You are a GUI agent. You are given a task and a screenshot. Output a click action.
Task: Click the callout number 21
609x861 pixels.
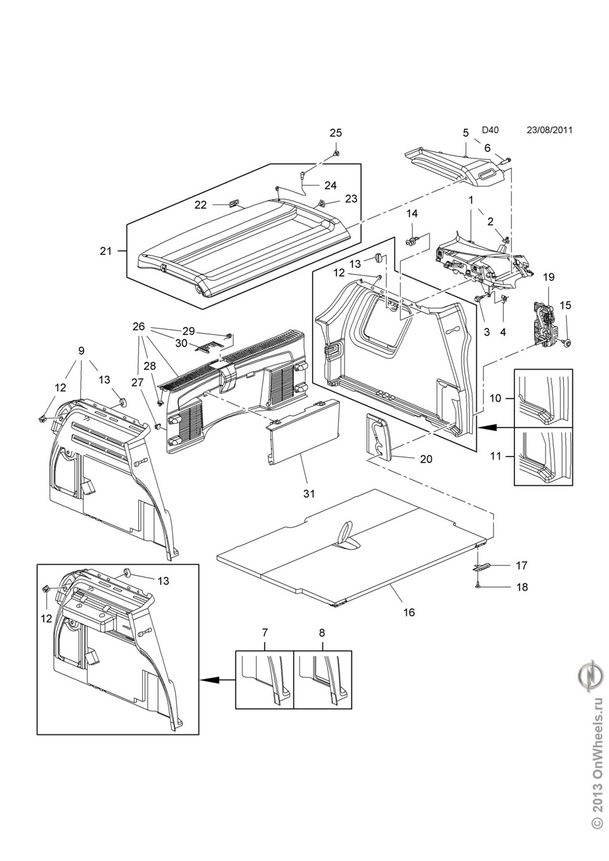tap(105, 251)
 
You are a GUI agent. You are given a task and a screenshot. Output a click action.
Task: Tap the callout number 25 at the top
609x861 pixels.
tap(335, 133)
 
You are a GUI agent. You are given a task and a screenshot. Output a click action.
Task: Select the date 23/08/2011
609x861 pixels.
tap(549, 130)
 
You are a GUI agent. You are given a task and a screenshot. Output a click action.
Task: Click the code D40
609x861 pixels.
tap(490, 130)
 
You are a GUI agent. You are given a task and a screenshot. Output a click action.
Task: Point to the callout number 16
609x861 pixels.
tap(409, 612)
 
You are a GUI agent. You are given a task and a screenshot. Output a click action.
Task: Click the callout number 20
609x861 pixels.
tap(426, 458)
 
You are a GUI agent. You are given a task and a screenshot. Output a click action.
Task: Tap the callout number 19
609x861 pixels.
tap(549, 277)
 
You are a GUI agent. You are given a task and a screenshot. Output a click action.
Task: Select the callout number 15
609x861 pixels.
tap(565, 305)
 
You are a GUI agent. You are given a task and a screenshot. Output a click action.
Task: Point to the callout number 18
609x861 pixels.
tap(521, 587)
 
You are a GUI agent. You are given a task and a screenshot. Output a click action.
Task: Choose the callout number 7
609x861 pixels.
tap(265, 632)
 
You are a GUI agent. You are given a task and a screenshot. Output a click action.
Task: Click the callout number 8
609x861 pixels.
tap(322, 632)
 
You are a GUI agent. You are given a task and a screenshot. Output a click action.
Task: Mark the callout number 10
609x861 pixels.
tap(495, 398)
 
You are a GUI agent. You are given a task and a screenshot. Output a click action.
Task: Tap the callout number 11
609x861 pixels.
tap(495, 456)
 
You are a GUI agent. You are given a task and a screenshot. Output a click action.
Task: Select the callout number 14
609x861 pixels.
tap(412, 212)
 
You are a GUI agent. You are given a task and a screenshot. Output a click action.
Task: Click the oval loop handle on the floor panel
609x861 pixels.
tap(346, 531)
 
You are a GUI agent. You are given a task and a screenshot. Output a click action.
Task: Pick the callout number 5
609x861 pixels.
tap(466, 133)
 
